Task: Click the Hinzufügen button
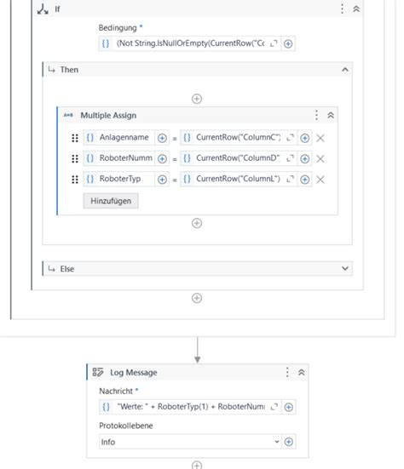[110, 202]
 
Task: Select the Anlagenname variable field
[124, 138]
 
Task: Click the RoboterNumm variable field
[124, 158]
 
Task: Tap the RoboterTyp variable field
[124, 179]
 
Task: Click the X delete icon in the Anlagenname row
[320, 138]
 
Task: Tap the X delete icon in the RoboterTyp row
[320, 179]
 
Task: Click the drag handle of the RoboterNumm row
[75, 158]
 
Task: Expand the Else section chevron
[345, 268]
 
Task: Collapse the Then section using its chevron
[345, 70]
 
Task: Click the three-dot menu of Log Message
[287, 372]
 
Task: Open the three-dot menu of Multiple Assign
[317, 116]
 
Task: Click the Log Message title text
[134, 372]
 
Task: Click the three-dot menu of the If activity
[343, 9]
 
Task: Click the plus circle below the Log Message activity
[197, 465]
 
